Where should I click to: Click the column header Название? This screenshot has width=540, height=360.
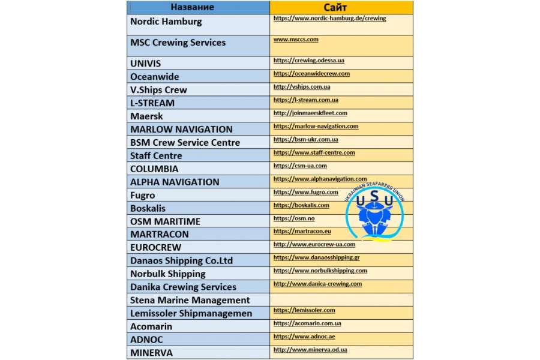click(192, 7)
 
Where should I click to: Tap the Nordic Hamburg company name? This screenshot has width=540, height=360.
click(166, 22)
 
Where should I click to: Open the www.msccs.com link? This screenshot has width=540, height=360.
click(296, 39)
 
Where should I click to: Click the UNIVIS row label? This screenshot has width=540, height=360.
click(146, 63)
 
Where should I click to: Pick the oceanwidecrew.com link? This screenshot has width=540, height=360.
click(311, 74)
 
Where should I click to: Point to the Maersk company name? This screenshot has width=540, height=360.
click(146, 116)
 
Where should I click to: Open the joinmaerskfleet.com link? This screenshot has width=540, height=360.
click(310, 113)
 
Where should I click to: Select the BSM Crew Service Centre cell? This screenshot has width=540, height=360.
click(185, 142)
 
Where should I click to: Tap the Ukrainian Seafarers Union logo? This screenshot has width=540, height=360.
click(374, 214)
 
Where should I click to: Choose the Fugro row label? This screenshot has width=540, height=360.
click(143, 195)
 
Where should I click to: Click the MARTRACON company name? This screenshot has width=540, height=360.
click(160, 234)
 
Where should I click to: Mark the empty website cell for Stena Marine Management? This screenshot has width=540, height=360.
click(341, 299)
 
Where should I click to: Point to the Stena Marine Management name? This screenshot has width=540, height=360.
click(190, 300)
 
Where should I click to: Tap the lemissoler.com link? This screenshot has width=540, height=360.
click(304, 310)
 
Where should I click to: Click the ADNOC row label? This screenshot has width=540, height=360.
click(146, 340)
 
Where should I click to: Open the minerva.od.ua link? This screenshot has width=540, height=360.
click(310, 350)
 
